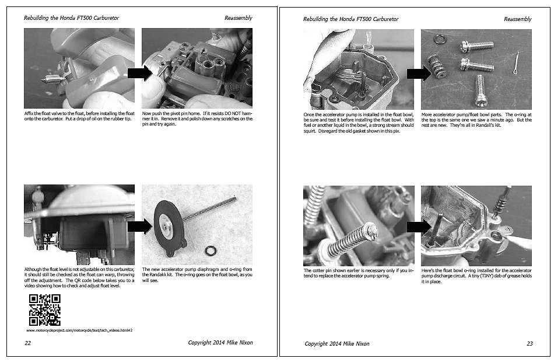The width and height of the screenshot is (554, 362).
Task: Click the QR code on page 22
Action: tap(44, 310)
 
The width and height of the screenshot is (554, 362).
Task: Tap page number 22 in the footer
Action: tap(27, 343)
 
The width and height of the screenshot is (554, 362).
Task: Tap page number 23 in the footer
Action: tap(530, 343)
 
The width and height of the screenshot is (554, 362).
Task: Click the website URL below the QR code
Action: tap(79, 330)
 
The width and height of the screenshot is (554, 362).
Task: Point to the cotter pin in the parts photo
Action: tap(516, 63)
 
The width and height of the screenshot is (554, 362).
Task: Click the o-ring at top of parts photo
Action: tap(440, 39)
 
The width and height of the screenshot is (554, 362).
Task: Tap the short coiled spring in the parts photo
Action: tap(436, 67)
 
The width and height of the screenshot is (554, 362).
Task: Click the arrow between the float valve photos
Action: tap(139, 73)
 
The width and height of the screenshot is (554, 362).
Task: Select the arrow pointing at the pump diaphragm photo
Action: tap(139, 227)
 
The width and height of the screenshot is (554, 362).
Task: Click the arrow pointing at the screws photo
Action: tap(419, 74)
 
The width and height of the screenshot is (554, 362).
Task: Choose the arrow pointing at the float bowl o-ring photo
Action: tap(419, 227)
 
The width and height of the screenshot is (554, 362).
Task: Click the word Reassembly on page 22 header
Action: tap(239, 18)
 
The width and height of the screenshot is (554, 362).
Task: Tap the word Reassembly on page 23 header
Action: tap(518, 19)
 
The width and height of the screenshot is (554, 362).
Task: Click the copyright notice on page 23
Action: tap(337, 343)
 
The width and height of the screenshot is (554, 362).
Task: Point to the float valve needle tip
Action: tap(42, 81)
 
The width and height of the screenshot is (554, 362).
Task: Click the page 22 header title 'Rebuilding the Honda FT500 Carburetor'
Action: tap(71, 18)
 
